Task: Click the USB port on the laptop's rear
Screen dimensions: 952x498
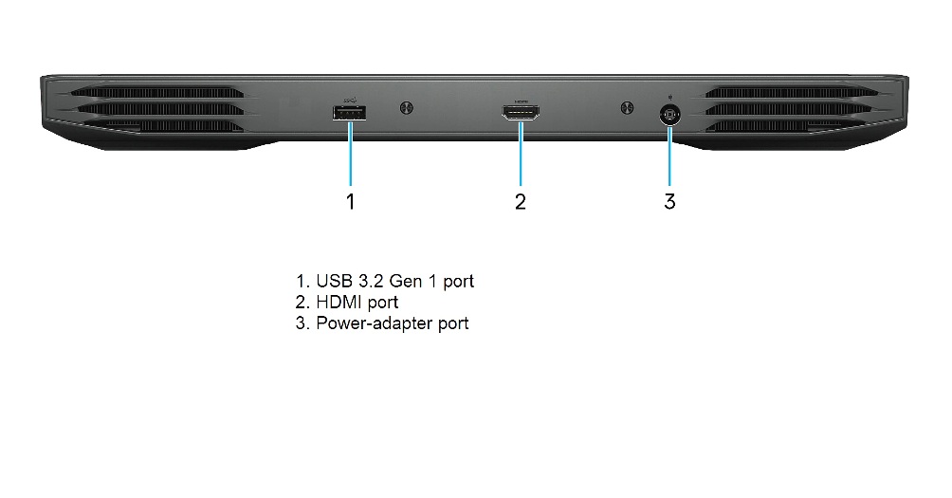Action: coord(349,114)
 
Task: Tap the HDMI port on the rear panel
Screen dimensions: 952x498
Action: coord(521,114)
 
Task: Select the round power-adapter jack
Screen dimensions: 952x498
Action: coord(669,115)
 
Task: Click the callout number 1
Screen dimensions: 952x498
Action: coord(350,201)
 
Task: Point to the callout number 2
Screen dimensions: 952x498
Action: coord(521,201)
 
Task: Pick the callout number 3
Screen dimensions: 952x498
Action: coord(669,201)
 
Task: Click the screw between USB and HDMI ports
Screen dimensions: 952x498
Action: coord(406,108)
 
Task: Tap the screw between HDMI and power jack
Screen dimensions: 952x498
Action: coord(627,108)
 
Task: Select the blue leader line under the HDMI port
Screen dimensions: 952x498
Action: coord(521,154)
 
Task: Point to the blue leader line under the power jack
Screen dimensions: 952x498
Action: coord(669,156)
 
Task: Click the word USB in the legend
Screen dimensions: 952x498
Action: coord(333,281)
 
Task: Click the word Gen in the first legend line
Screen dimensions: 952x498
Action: coord(405,281)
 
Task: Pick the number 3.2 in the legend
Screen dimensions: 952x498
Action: coord(369,281)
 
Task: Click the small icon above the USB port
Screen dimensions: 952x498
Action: coord(351,101)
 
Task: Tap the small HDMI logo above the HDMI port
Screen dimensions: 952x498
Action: coord(521,101)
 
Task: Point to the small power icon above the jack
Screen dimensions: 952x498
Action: coord(669,97)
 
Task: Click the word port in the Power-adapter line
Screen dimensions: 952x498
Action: coord(453,323)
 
